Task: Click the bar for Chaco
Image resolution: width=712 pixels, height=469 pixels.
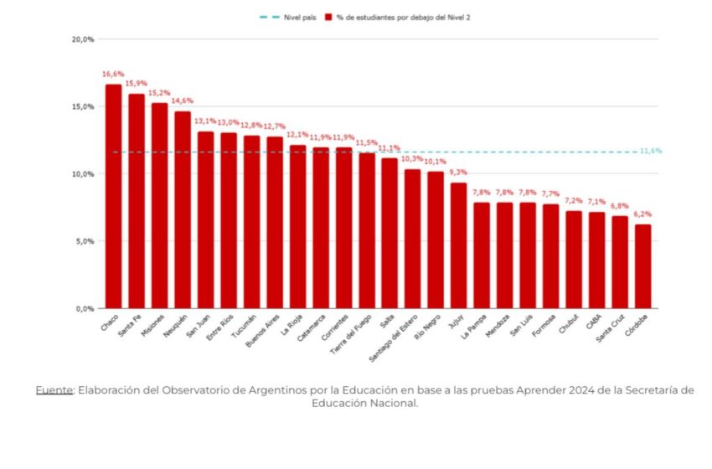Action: click(x=113, y=196)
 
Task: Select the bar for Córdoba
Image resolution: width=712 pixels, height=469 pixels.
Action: click(x=642, y=266)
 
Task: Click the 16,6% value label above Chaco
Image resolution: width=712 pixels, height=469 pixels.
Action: click(x=113, y=74)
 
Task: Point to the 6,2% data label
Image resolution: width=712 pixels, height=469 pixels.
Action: click(x=642, y=214)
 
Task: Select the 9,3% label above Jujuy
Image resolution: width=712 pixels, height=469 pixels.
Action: click(x=458, y=173)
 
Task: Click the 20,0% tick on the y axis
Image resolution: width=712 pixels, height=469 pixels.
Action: click(x=82, y=39)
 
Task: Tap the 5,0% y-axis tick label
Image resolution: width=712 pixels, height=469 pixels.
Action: click(x=85, y=241)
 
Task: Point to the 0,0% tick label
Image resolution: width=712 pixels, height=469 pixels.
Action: click(x=85, y=308)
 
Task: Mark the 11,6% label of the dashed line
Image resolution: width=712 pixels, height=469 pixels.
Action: click(x=651, y=151)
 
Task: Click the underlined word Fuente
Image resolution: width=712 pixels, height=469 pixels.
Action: click(x=54, y=390)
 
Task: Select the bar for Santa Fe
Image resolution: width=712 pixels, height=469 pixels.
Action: click(x=137, y=201)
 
